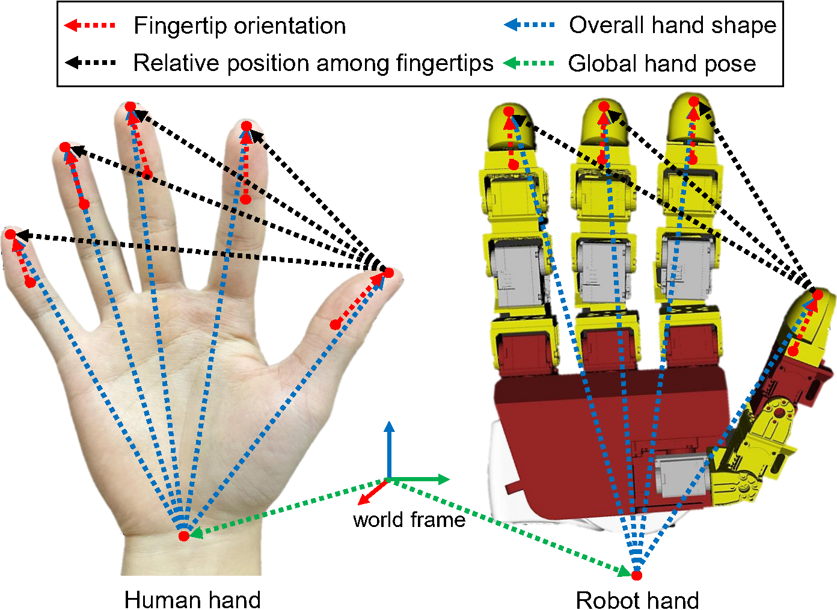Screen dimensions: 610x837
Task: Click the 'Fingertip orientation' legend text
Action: coord(239,26)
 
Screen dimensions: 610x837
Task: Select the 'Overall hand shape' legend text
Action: coord(672,25)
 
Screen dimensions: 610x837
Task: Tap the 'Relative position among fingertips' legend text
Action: coord(313,63)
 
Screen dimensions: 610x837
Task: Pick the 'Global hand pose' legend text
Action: coord(661,63)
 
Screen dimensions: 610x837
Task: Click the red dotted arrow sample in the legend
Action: coord(90,25)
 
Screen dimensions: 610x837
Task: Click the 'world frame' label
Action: coord(409,520)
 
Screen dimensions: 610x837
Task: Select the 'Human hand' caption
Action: coord(192,599)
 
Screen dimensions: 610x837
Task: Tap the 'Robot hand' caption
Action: coord(637,600)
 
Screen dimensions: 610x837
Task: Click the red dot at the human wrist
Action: coord(184,535)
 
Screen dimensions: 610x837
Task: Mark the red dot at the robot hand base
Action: coord(637,575)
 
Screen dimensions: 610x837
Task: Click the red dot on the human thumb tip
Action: coord(388,273)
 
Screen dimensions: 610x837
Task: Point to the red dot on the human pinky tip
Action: coord(10,233)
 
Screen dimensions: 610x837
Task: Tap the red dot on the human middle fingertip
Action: coord(130,107)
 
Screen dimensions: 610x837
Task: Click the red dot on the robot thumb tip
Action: coord(818,295)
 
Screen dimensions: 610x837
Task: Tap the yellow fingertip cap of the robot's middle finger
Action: coord(604,123)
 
